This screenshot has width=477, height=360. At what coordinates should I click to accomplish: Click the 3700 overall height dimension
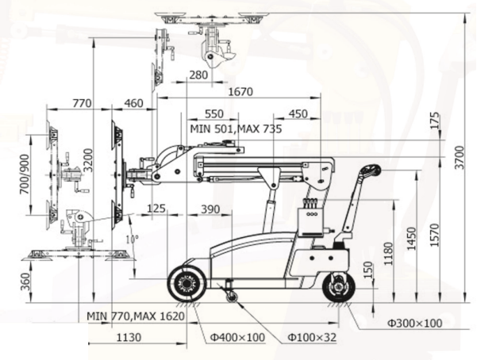tap(460, 158)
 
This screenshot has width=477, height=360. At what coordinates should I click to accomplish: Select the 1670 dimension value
tap(240, 91)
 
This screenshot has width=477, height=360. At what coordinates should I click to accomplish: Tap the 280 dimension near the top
tap(198, 75)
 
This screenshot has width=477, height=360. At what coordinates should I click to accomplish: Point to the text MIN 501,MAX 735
tap(236, 128)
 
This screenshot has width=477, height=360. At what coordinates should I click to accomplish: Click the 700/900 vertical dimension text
tap(25, 174)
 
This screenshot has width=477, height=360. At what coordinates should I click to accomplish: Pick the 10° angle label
tap(133, 239)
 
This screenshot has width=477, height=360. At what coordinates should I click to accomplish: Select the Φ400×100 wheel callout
tap(237, 337)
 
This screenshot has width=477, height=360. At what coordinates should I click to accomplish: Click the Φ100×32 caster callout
tap(312, 337)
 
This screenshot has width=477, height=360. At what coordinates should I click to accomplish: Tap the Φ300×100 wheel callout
tap(415, 323)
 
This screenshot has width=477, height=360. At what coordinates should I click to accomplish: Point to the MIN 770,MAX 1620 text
tap(136, 316)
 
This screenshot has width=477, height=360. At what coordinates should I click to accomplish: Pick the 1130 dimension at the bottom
tap(129, 337)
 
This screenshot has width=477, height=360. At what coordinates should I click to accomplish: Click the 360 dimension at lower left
tap(25, 281)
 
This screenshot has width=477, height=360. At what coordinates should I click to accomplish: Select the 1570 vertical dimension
tap(436, 235)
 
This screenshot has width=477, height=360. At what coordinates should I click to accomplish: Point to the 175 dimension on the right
tap(435, 121)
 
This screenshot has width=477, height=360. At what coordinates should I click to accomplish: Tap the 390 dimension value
tap(210, 209)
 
